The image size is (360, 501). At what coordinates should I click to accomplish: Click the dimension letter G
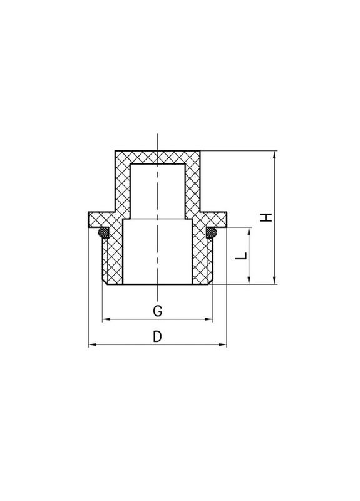[158, 310]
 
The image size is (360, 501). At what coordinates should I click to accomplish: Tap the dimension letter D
[158, 336]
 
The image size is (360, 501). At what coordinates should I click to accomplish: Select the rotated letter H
[267, 217]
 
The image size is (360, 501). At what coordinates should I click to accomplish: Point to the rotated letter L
[242, 256]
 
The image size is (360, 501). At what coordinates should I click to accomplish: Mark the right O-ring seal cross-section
[211, 233]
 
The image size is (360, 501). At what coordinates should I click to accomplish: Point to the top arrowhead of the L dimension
[250, 231]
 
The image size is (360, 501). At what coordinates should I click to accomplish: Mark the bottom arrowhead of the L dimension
[250, 282]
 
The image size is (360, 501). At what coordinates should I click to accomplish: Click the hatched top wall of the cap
[158, 157]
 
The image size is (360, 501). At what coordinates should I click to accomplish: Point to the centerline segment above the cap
[158, 141]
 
